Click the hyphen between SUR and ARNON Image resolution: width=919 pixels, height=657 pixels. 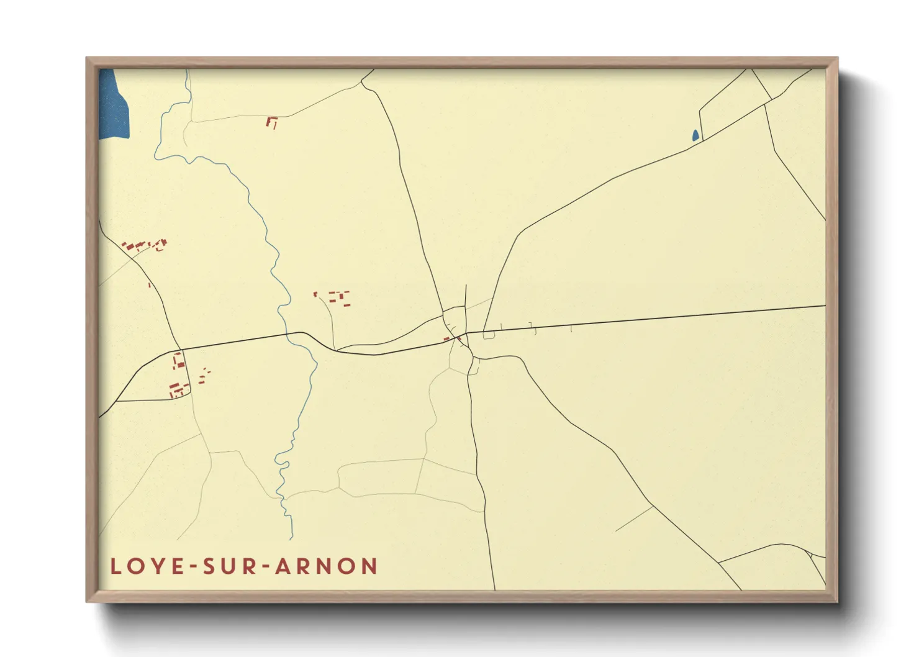click(264, 567)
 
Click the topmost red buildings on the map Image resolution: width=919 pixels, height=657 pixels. click(271, 122)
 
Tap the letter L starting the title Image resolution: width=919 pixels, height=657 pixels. click(115, 566)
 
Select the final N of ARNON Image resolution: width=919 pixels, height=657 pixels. click(370, 566)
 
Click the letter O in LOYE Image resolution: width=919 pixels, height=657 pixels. click(134, 566)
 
